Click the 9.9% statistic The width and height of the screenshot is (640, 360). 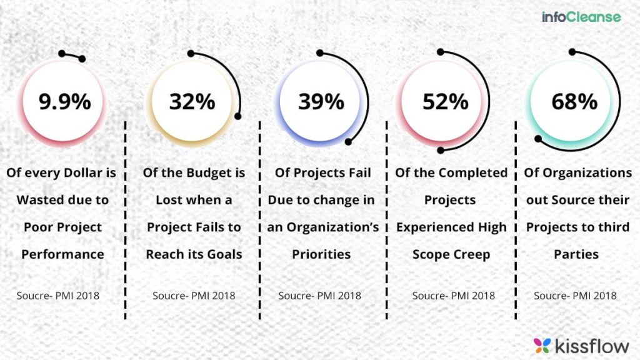(64, 101)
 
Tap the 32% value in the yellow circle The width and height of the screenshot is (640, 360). (192, 101)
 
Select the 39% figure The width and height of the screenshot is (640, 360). (321, 101)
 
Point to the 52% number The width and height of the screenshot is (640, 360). (445, 101)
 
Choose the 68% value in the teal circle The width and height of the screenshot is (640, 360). (574, 101)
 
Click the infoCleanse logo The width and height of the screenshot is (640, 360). (581, 17)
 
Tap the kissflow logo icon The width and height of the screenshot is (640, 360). (542, 344)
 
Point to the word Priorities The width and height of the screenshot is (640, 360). (321, 254)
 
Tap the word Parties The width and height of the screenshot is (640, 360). (576, 254)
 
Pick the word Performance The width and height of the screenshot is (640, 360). (62, 254)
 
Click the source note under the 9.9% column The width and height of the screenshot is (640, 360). (57, 296)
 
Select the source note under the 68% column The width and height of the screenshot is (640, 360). (575, 296)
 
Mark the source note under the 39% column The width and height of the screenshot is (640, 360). (319, 296)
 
